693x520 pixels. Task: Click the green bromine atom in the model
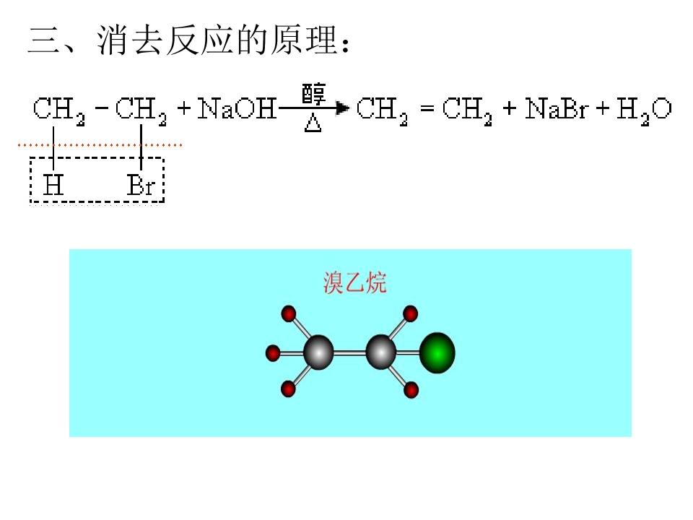pyautogui.click(x=437, y=353)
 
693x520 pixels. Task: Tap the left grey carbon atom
pyautogui.click(x=318, y=352)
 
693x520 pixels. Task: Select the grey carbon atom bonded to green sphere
pyautogui.click(x=381, y=352)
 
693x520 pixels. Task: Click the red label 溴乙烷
pyautogui.click(x=354, y=283)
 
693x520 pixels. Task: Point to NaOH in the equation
pyautogui.click(x=237, y=109)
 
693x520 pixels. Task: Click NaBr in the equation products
pyautogui.click(x=557, y=109)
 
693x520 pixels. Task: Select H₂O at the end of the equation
pyautogui.click(x=644, y=110)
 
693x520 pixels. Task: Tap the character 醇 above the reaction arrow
pyautogui.click(x=313, y=93)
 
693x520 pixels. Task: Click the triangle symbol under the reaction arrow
pyautogui.click(x=313, y=123)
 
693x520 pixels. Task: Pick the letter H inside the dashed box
pyautogui.click(x=53, y=185)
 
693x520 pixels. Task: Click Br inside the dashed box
pyautogui.click(x=141, y=185)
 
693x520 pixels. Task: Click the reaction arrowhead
pyautogui.click(x=342, y=108)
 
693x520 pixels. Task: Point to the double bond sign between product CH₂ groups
pyautogui.click(x=427, y=108)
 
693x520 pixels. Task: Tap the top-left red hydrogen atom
pyautogui.click(x=289, y=313)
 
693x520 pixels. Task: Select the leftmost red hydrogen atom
pyautogui.click(x=273, y=353)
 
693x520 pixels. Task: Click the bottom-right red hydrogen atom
pyautogui.click(x=411, y=391)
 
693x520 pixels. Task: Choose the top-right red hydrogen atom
pyautogui.click(x=411, y=313)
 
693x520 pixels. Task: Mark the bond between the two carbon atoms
pyautogui.click(x=349, y=352)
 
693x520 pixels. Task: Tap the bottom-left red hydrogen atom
pyautogui.click(x=288, y=389)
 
